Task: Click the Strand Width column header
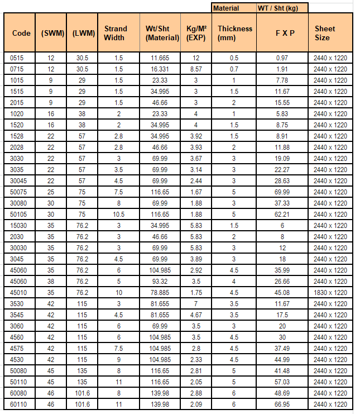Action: click(115, 33)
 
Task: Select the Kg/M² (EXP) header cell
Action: click(196, 33)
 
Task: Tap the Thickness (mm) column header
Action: click(234, 33)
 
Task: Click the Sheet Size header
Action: click(325, 33)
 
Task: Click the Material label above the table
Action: click(226, 8)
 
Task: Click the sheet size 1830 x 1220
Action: click(330, 292)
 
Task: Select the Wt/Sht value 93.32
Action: click(162, 281)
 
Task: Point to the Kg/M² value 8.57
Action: click(196, 69)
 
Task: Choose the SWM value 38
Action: click(51, 281)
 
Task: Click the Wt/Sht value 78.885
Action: click(162, 292)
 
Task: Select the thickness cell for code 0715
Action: click(234, 69)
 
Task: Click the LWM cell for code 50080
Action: click(82, 370)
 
